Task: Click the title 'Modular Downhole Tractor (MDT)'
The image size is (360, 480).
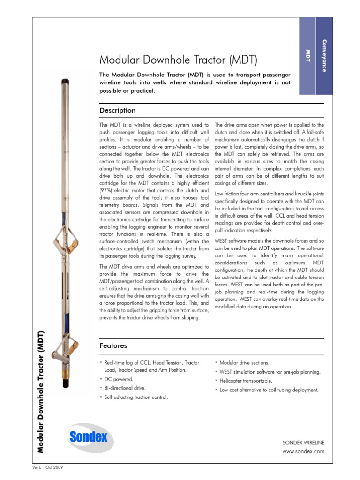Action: [178, 60]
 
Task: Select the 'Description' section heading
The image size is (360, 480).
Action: [118, 110]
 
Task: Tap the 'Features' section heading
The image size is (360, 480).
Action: [113, 345]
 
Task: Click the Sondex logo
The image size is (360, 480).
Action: [89, 437]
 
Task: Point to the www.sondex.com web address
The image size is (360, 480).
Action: [303, 451]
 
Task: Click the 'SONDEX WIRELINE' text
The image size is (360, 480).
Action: [303, 442]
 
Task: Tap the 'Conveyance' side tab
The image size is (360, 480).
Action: [324, 55]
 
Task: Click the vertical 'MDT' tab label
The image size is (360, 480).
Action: [308, 55]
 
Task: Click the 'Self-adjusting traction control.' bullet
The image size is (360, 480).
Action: [135, 397]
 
